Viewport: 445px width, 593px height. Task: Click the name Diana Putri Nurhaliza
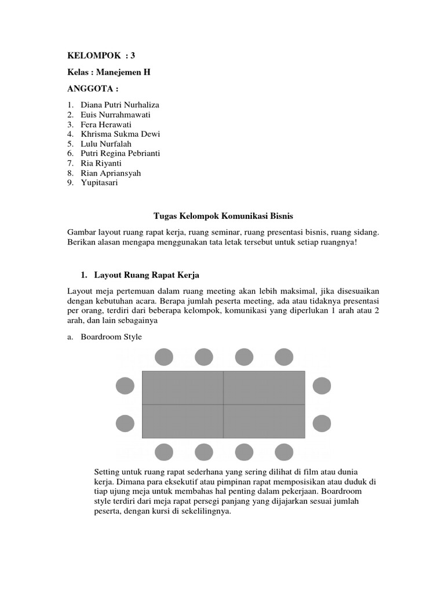(120, 105)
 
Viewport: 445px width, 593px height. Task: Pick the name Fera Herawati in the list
(107, 124)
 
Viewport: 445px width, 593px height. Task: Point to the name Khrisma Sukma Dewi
(120, 134)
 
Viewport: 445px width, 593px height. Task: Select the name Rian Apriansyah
(111, 173)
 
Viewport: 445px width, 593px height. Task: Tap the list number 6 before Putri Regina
(70, 153)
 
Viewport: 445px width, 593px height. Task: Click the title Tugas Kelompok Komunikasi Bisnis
(224, 216)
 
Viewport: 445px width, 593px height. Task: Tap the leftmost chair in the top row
(164, 357)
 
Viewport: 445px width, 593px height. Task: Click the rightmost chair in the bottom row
(283, 452)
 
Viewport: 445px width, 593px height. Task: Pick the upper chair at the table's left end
(125, 386)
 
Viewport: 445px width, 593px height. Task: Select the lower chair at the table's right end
(322, 424)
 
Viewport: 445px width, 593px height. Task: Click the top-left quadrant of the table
(183, 387)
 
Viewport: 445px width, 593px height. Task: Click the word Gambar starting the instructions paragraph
(82, 232)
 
